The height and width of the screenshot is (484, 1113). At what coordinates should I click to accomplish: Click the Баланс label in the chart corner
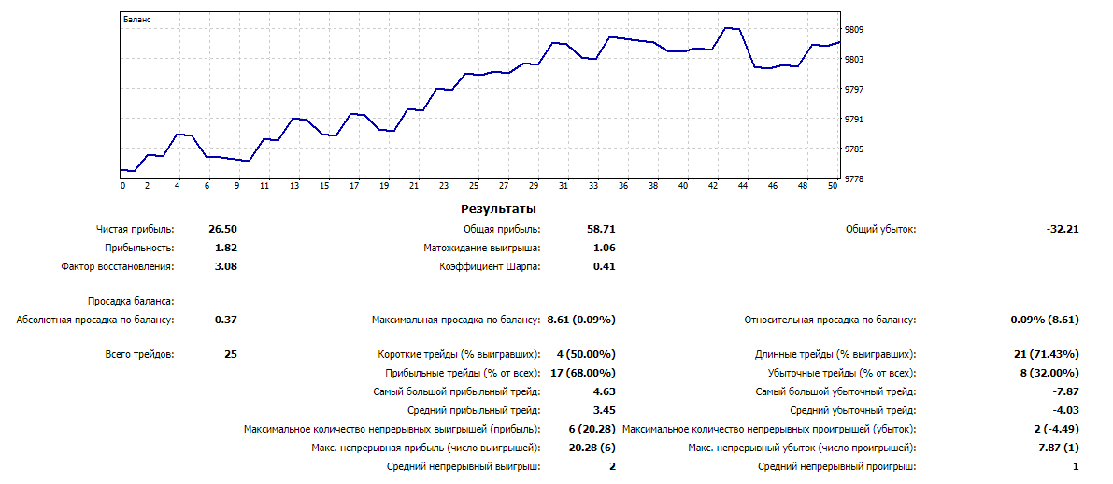[x=137, y=19]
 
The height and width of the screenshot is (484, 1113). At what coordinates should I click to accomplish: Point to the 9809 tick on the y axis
[x=855, y=30]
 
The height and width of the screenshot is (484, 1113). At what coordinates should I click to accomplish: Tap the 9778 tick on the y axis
[x=855, y=179]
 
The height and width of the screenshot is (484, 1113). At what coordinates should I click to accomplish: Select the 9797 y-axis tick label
[x=855, y=90]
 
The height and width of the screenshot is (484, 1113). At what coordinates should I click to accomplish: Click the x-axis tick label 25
[x=474, y=186]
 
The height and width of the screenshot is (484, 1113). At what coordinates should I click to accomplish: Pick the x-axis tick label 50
[x=832, y=186]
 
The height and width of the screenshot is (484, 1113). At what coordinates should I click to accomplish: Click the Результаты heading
[x=498, y=209]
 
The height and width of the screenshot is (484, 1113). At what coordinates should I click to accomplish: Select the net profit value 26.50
[x=225, y=229]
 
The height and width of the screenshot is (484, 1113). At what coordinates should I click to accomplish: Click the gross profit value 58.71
[x=604, y=229]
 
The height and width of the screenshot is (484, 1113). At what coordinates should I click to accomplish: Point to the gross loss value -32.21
[x=1063, y=229]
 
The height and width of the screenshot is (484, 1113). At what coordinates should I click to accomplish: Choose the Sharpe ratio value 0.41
[x=604, y=266]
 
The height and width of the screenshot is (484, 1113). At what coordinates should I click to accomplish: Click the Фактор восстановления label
[x=117, y=266]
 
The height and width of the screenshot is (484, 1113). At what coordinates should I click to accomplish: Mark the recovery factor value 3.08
[x=225, y=266]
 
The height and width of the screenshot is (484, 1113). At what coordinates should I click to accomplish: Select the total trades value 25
[x=231, y=354]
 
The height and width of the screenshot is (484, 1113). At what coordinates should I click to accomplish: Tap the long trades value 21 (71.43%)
[x=1047, y=354]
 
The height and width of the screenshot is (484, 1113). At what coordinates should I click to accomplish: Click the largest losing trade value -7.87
[x=1066, y=391]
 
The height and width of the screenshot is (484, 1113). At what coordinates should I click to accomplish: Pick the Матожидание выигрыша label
[x=481, y=248]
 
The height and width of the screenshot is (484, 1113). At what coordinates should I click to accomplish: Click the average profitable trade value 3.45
[x=604, y=410]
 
